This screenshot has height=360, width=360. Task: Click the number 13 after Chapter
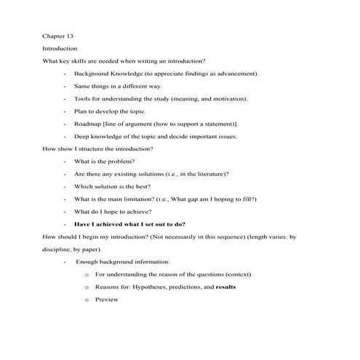[69, 36]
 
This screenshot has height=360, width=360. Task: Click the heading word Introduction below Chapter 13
[60, 48]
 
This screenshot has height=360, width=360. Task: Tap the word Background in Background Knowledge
[91, 73]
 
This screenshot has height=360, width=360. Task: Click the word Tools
[82, 98]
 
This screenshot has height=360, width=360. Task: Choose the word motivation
[228, 98]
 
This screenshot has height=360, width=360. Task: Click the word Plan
[81, 111]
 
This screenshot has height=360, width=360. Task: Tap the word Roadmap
[88, 124]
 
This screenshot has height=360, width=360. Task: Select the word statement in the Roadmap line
[218, 124]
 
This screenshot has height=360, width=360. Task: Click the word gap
[212, 199]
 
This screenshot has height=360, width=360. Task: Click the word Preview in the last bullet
[106, 299]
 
